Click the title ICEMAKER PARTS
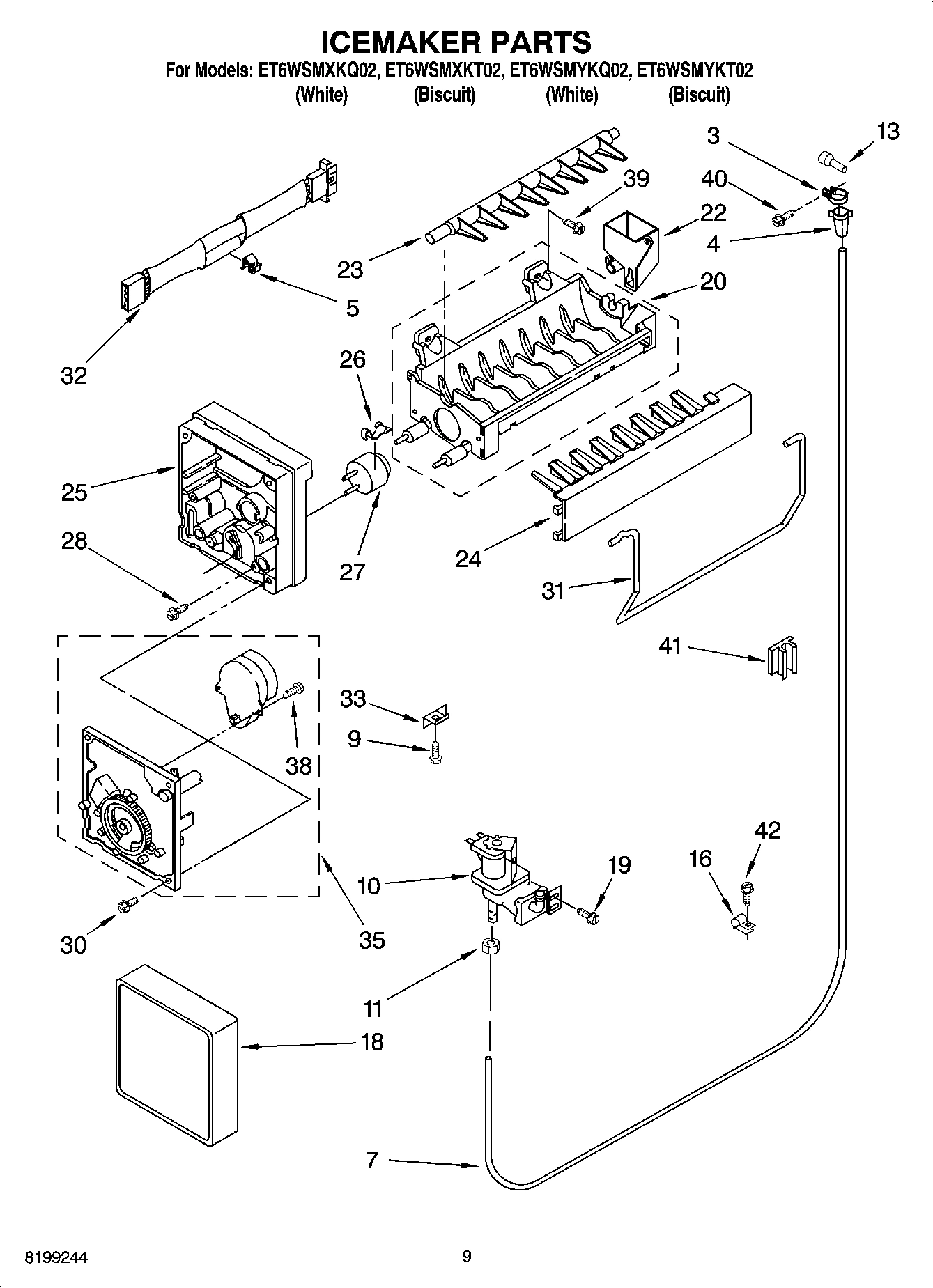pos(456,42)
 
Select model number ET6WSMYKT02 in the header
pos(695,70)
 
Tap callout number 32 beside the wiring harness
pos(74,375)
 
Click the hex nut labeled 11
pos(491,947)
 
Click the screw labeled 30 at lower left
pos(128,906)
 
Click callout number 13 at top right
pos(887,131)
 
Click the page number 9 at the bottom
pos(466,1257)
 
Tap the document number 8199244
pos(56,1257)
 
